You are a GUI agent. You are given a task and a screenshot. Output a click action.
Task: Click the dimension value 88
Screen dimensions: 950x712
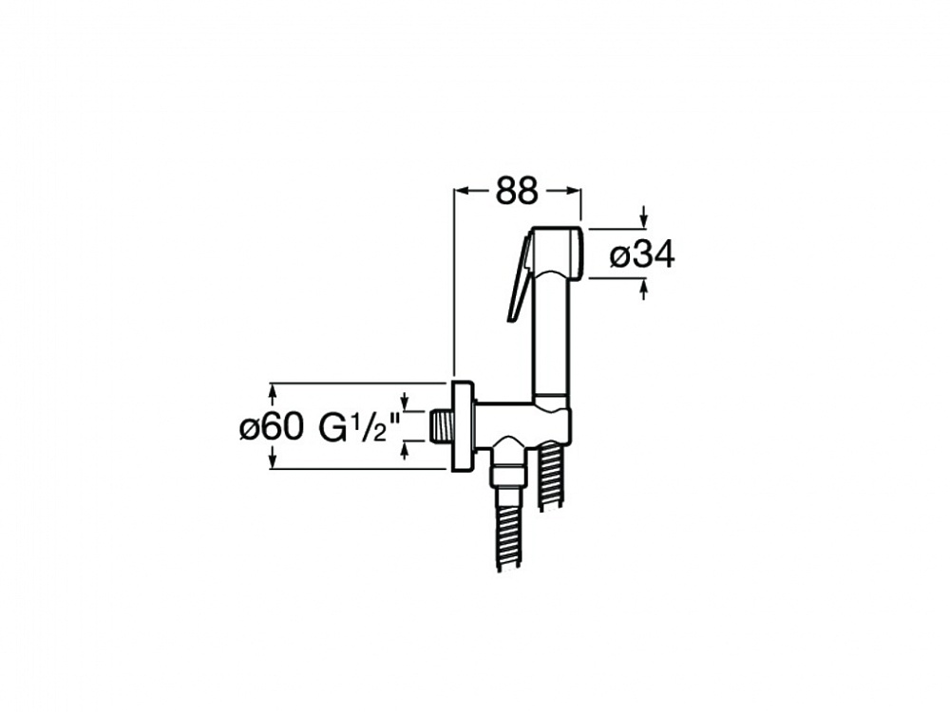coord(517,192)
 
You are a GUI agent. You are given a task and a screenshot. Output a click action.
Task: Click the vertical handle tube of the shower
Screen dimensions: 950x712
coord(551,336)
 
